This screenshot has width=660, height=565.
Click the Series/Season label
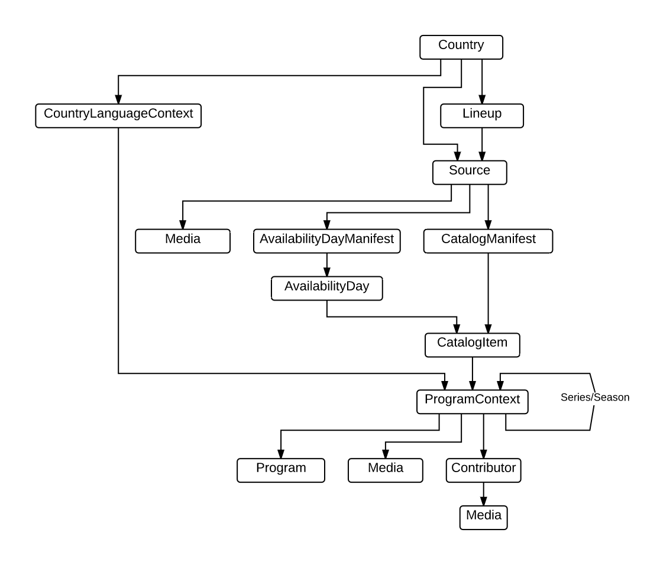(594, 398)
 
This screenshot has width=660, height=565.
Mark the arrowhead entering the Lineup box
(482, 99)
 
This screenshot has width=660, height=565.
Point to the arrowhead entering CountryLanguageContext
(118, 99)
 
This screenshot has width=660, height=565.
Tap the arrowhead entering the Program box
(281, 453)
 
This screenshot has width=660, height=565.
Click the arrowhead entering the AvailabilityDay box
(327, 272)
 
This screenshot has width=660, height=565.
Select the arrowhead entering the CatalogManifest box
(488, 225)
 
